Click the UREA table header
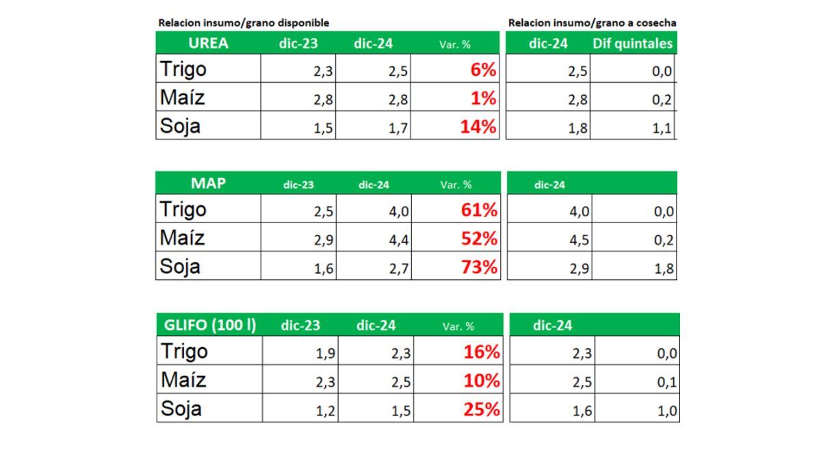coord(208,43)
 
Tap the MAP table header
coord(208,183)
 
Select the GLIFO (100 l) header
coord(209,325)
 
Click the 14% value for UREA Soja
coord(478,127)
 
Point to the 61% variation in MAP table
coord(479,209)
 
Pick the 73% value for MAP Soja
coord(479,267)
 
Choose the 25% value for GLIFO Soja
coord(481,409)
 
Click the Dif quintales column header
coord(633,44)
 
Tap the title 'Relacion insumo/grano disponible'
coord(244,23)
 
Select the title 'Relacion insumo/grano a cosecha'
coord(592,23)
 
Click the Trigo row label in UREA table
coord(183,69)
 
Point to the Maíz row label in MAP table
coord(182,238)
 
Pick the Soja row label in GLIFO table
coord(181,409)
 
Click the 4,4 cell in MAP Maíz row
coord(399,240)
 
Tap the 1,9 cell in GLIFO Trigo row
coord(326,353)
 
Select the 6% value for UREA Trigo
coord(483,70)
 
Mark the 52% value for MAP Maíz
coord(479,238)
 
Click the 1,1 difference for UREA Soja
coord(662,129)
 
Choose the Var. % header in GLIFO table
coord(458,326)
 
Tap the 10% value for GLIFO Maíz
coord(481,381)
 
